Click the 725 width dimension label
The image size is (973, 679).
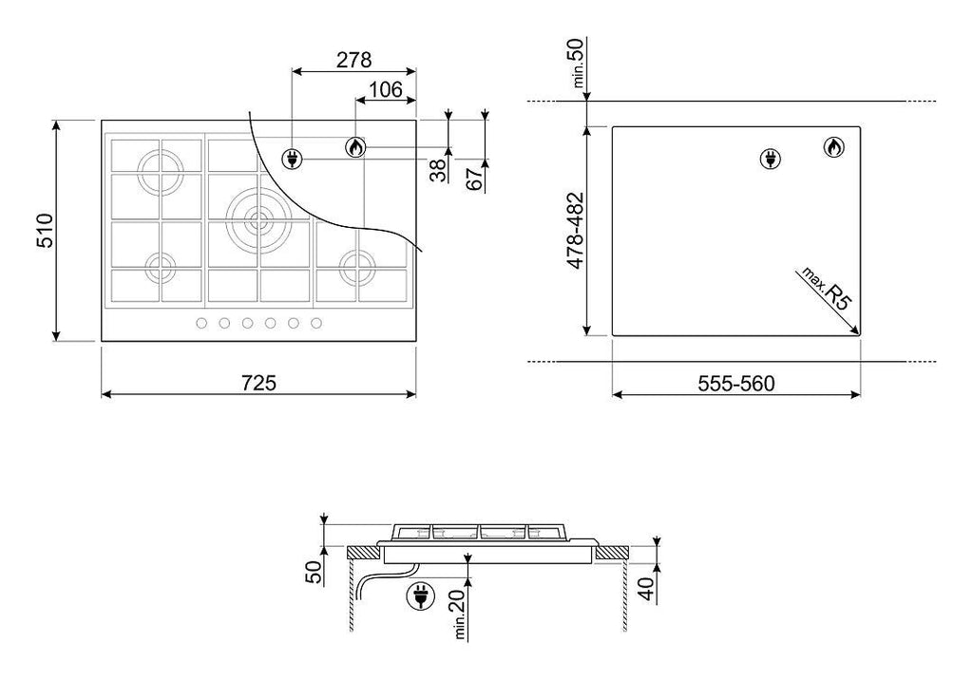(258, 383)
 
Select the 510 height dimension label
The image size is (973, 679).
(46, 231)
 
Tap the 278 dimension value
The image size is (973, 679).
(353, 60)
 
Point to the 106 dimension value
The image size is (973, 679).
(386, 90)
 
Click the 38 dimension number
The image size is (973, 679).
(438, 170)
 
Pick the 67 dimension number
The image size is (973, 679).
(474, 179)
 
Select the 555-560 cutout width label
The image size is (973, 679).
(736, 384)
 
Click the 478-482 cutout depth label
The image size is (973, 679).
(577, 231)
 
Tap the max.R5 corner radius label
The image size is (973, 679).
(828, 289)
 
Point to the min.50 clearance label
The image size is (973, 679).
(577, 62)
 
